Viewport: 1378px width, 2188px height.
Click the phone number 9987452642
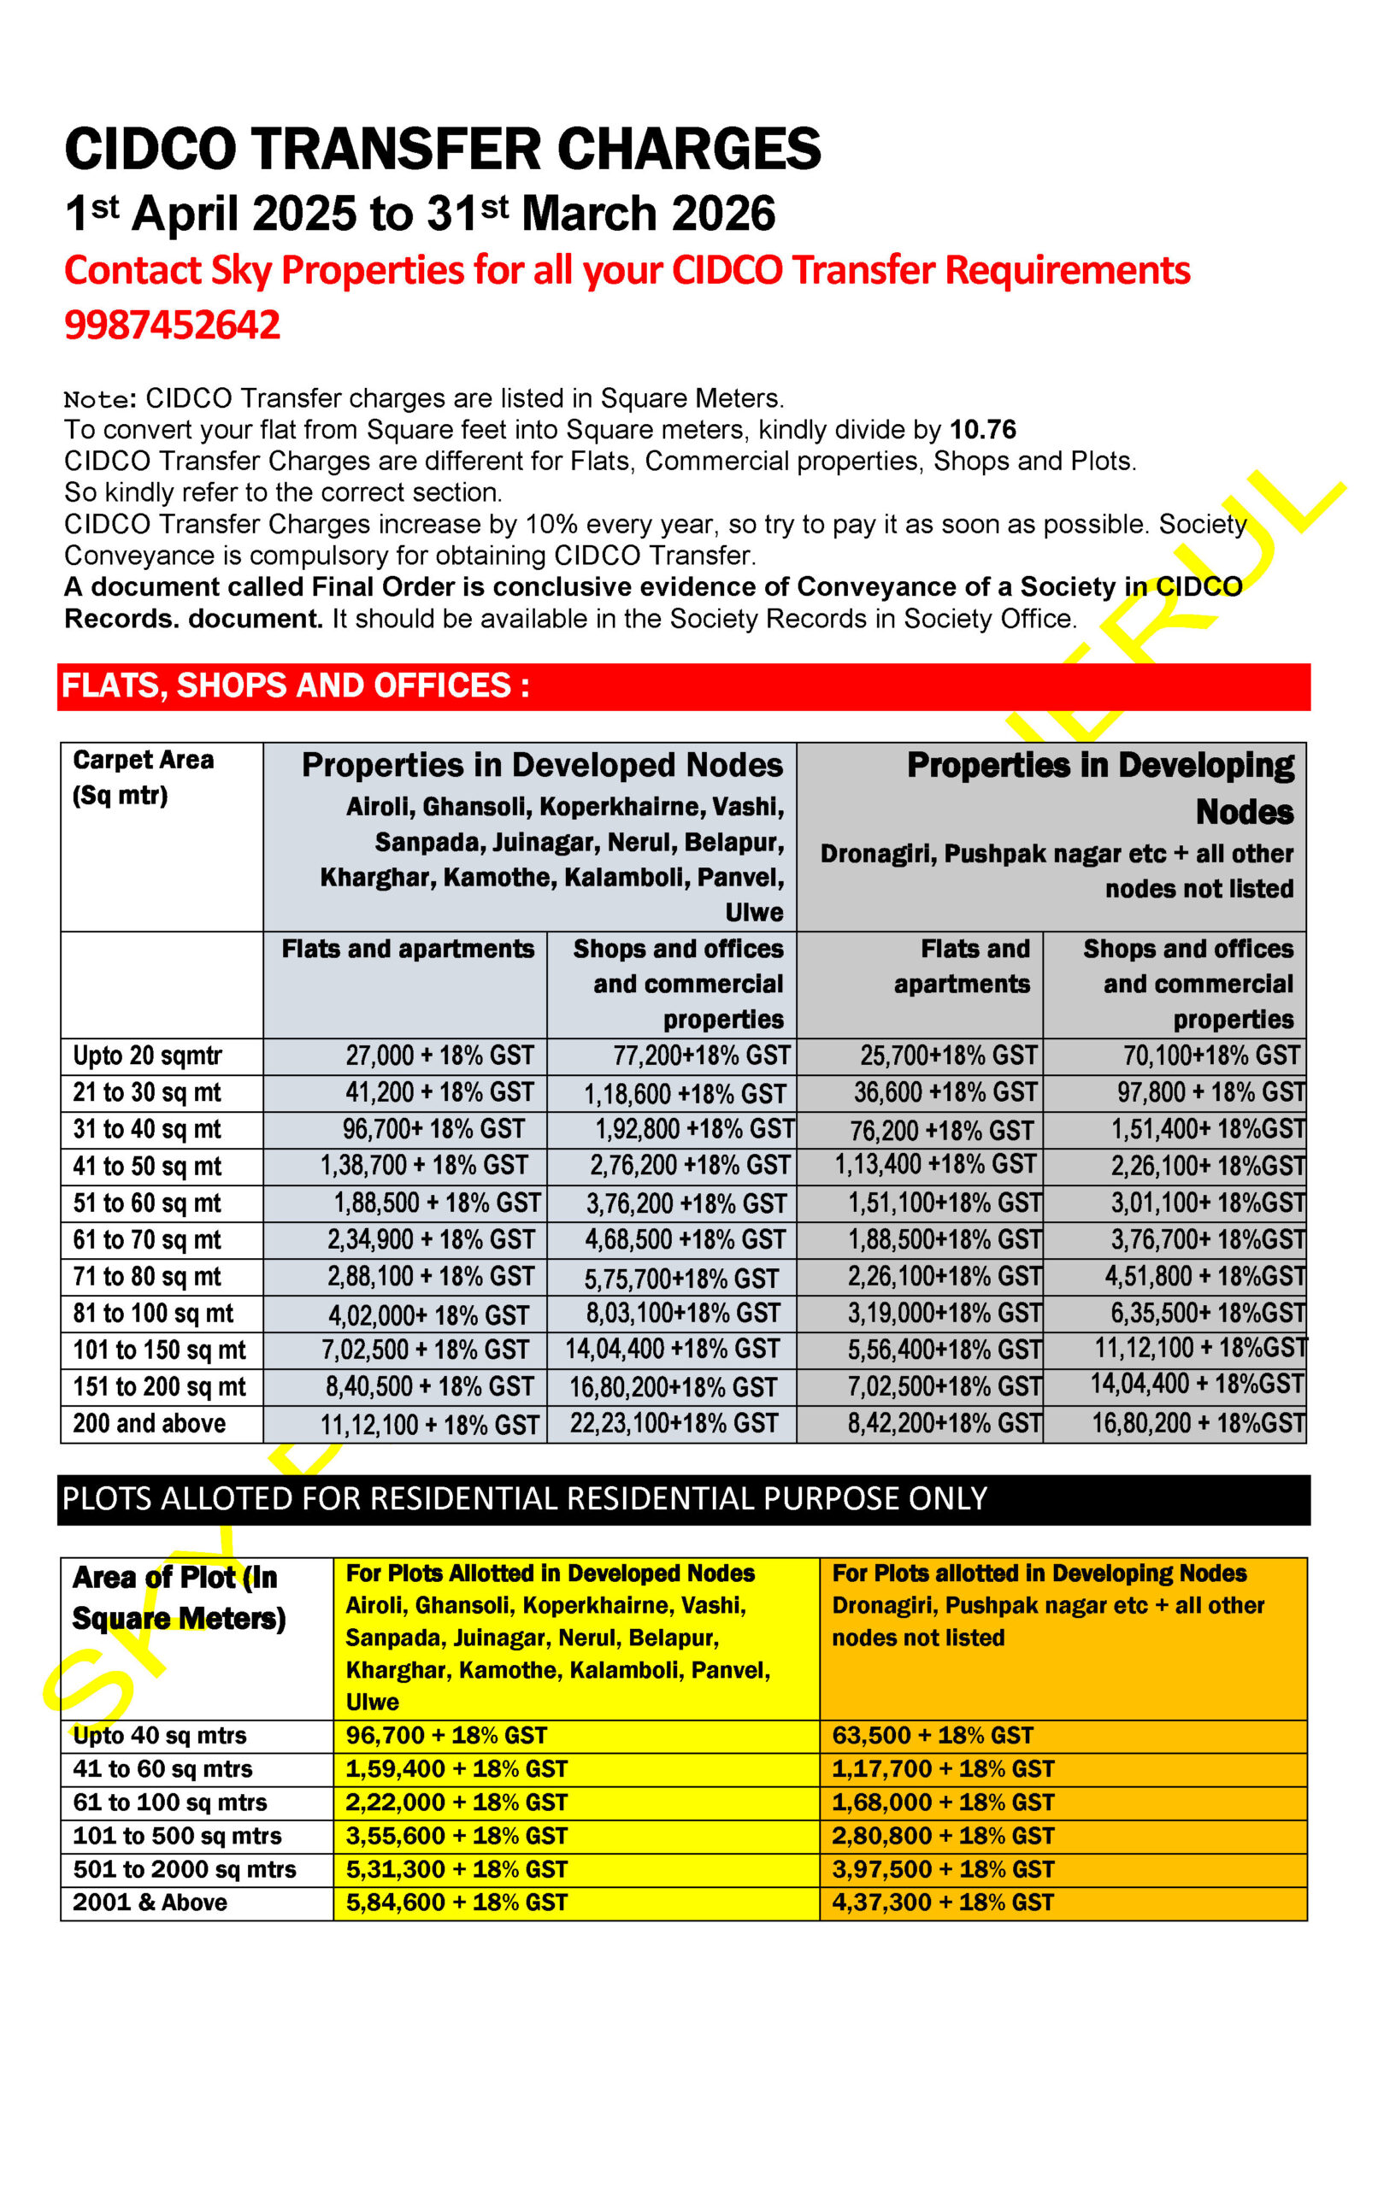172,326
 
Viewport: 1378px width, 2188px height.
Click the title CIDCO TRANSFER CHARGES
442,149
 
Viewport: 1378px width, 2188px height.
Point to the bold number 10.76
982,429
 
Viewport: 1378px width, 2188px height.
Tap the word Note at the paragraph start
96,399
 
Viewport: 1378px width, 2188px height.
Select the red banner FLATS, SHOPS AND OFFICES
296,686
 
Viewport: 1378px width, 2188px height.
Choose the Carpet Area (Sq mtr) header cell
143,777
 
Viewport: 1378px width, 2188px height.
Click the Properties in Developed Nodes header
542,765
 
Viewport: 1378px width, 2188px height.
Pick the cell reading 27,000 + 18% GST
439,1055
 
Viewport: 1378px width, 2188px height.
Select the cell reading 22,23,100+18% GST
674,1423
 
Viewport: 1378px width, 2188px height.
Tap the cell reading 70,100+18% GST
1210,1055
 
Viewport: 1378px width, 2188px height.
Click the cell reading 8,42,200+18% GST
944,1423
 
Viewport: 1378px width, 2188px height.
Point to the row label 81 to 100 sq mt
153,1313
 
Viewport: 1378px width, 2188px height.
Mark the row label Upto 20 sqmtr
147,1055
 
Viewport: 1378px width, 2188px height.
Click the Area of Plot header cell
178,1597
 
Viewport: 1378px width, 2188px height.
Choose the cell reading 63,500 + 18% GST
933,1735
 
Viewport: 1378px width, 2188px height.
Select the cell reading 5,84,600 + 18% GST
456,1902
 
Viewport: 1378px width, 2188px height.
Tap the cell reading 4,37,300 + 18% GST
943,1902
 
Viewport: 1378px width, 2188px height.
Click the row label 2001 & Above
150,1902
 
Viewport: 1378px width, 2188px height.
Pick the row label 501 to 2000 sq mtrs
185,1869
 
